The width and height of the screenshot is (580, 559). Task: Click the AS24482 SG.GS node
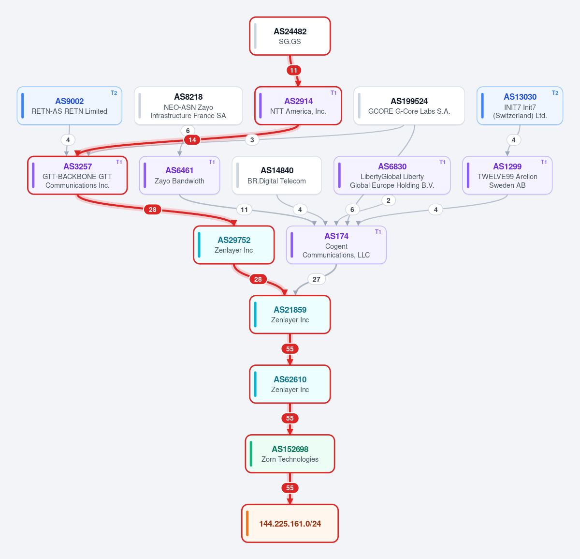[x=290, y=36]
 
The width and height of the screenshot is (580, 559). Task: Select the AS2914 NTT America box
[x=298, y=106]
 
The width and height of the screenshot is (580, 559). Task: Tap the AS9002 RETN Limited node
[x=70, y=106]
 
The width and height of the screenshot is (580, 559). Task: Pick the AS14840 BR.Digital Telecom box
[x=276, y=175]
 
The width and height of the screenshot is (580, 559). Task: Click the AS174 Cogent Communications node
[x=336, y=245]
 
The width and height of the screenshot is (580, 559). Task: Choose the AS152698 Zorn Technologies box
[x=290, y=453]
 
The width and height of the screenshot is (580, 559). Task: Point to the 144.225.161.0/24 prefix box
[x=290, y=524]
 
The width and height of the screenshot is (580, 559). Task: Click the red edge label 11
[x=293, y=71]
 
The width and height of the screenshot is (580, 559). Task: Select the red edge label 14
[x=192, y=140]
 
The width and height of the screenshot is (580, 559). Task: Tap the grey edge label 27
[x=316, y=279]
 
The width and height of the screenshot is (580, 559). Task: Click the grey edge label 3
[x=252, y=140]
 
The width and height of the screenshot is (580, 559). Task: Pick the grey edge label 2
[x=388, y=200]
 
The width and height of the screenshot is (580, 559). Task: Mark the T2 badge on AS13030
[x=555, y=93]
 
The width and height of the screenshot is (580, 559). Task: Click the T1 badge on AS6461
[x=212, y=162]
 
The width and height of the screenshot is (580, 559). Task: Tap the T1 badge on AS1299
[x=544, y=162]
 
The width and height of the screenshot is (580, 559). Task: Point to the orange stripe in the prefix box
[x=247, y=524]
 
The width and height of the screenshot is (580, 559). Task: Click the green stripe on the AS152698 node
[x=251, y=453]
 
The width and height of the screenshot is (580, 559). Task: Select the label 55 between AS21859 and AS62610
[x=290, y=349]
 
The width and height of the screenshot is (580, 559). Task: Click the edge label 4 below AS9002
[x=68, y=140]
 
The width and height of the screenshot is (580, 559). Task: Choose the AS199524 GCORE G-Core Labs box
[x=409, y=106]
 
